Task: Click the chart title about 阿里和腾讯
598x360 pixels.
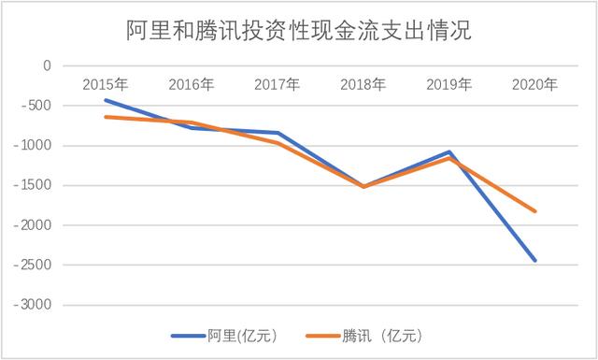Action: tap(299, 32)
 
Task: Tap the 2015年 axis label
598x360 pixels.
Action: tap(105, 85)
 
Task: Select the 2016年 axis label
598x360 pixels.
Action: tap(191, 85)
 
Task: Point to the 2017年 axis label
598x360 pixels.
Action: tap(277, 85)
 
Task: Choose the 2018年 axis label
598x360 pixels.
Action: tap(363, 85)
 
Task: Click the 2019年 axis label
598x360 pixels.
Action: tap(448, 85)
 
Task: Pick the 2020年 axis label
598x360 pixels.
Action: tap(534, 85)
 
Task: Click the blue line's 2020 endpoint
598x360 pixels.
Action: tap(535, 260)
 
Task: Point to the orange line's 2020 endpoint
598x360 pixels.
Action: tap(535, 211)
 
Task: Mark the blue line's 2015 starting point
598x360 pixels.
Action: tap(106, 100)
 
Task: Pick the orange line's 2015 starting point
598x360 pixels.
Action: tap(106, 117)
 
